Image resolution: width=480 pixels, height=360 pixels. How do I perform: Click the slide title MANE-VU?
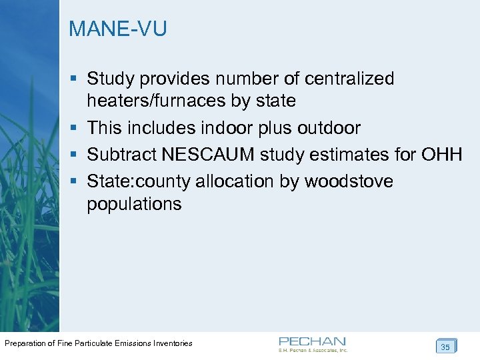(118, 29)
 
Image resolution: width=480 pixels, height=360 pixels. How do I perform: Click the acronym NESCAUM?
(209, 155)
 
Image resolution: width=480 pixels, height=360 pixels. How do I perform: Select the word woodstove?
(350, 181)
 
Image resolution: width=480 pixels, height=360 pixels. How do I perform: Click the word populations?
(134, 204)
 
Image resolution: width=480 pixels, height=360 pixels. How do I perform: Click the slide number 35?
(445, 347)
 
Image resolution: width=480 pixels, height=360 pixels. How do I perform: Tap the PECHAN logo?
(313, 343)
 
